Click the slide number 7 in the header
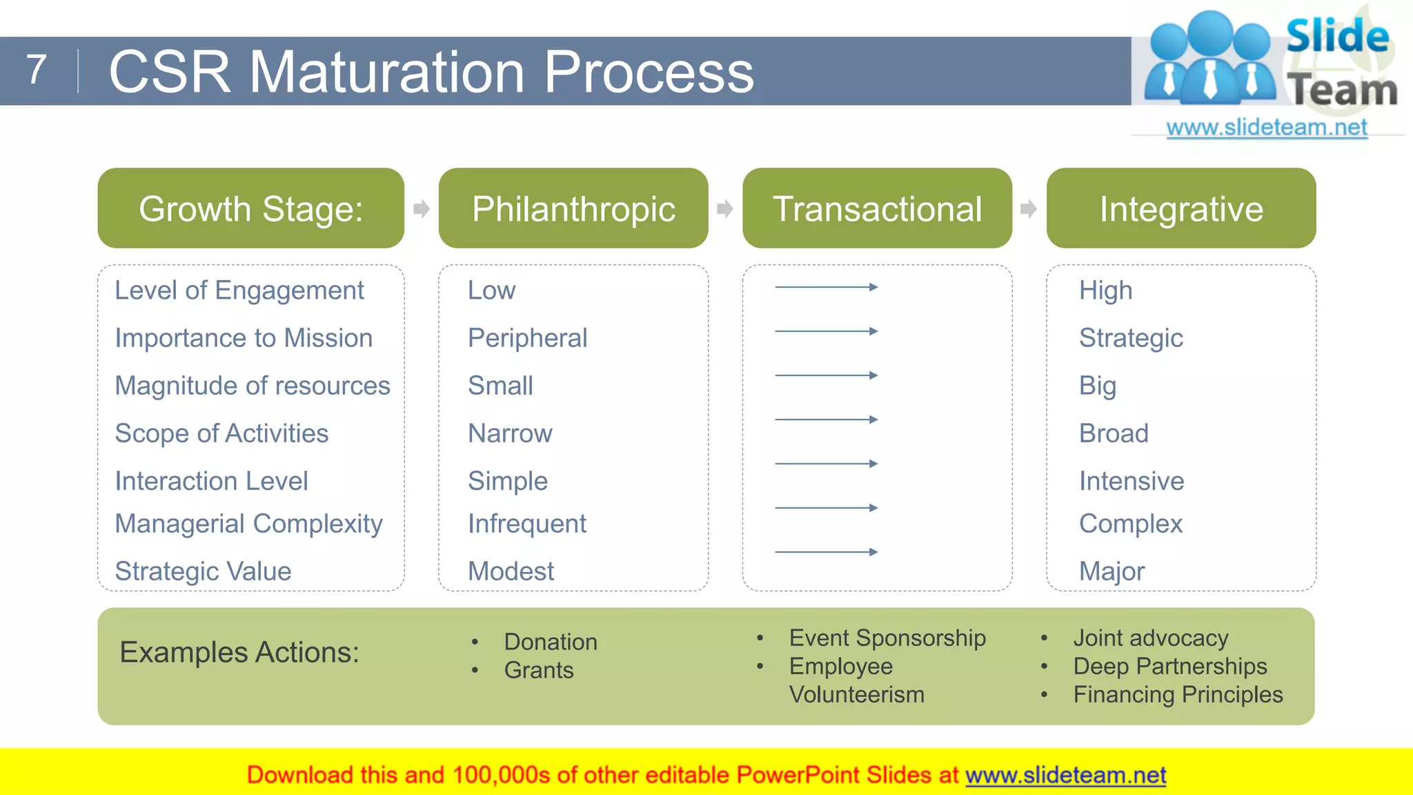coord(37,70)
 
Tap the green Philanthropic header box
coord(573,208)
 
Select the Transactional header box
coord(877,208)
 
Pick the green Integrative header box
coord(1180,208)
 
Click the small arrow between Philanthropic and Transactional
coord(724,208)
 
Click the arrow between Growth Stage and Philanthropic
coord(421,208)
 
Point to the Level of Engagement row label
coord(239,291)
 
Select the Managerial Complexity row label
coord(248,524)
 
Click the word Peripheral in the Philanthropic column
coord(527,338)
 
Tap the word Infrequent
coord(526,524)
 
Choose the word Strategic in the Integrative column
coord(1131,338)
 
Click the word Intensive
coord(1132,481)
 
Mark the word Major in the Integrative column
coord(1111,571)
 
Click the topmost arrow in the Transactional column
coord(826,287)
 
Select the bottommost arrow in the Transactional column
coord(826,552)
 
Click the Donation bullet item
coord(550,642)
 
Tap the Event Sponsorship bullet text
coord(887,638)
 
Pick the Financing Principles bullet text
coord(1178,695)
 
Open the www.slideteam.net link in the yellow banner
coord(1065,776)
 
